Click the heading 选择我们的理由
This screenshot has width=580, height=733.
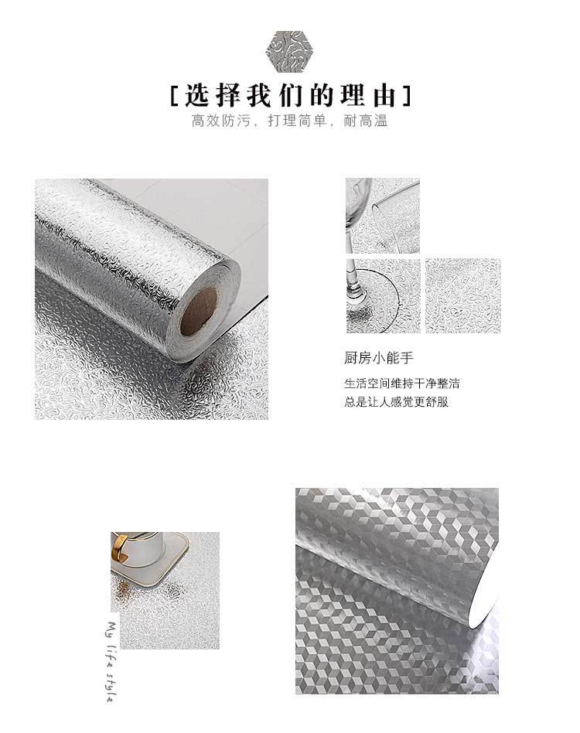click(290, 97)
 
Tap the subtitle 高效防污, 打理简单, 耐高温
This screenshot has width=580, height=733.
click(289, 121)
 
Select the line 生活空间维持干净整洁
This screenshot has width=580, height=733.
click(407, 384)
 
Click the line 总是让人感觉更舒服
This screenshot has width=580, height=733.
click(396, 402)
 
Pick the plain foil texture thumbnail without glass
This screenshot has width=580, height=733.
click(462, 295)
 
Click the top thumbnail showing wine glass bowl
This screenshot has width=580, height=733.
click(382, 216)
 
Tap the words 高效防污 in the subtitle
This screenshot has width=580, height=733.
click(219, 121)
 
